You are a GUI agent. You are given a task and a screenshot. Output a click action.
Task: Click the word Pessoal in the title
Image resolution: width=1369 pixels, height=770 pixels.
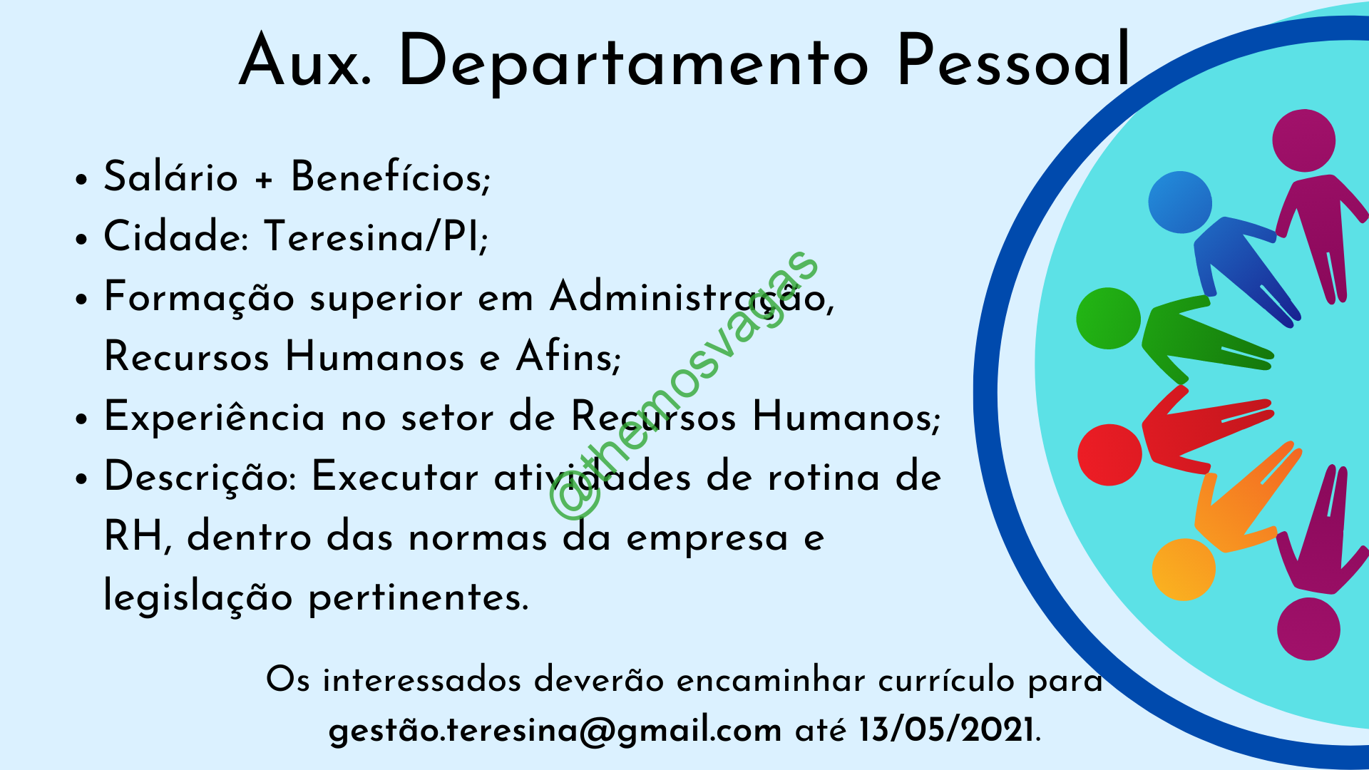point(1014,61)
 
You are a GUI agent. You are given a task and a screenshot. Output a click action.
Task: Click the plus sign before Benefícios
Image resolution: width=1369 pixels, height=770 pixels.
point(265,180)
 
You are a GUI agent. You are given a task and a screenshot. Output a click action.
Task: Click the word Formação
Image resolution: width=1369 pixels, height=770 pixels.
point(200,298)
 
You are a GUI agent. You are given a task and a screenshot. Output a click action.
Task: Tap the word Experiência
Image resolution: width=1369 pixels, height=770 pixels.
point(215,419)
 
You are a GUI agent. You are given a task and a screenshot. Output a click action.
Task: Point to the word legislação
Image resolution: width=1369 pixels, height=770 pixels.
point(198,597)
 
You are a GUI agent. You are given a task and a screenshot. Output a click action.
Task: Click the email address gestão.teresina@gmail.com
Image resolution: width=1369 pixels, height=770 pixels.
point(555,730)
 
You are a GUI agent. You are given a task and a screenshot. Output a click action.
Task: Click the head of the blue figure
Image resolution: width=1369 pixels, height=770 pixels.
point(1180,202)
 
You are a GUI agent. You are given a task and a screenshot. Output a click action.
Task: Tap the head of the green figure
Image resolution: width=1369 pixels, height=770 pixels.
point(1109,319)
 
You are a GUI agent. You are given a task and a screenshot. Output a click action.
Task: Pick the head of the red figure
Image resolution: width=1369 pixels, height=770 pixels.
point(1109,455)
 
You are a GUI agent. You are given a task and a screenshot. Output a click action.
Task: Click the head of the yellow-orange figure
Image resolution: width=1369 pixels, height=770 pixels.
point(1184,570)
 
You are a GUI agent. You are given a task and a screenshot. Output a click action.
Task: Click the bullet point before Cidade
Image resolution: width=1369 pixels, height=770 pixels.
point(82,239)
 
